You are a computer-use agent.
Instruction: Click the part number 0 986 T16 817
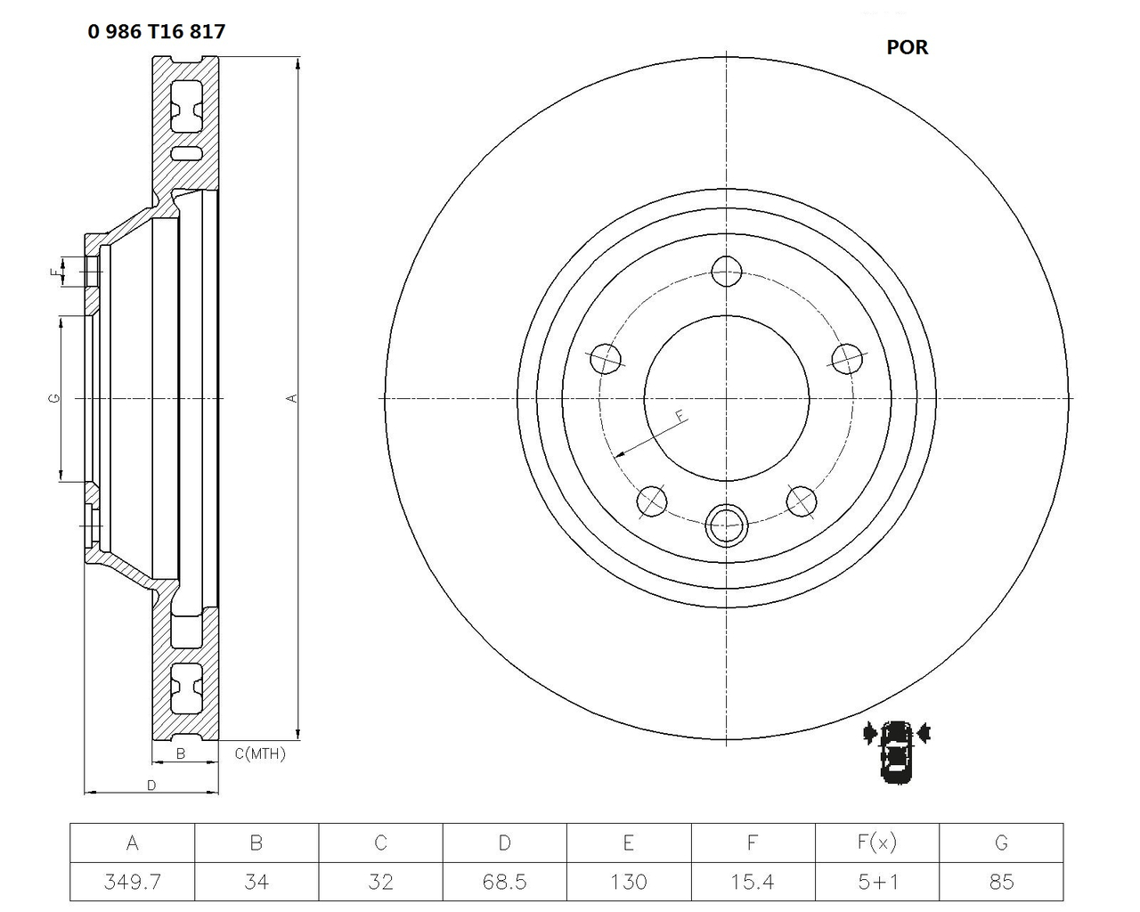click(x=156, y=32)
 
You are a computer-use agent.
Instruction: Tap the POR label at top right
click(x=907, y=48)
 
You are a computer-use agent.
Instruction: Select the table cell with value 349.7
click(x=133, y=882)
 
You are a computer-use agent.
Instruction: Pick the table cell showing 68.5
click(x=504, y=882)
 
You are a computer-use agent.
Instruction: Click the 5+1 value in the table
click(x=877, y=882)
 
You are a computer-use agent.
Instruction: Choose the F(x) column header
click(x=877, y=843)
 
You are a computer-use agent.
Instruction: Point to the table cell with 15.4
click(x=753, y=882)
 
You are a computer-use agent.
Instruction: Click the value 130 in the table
click(x=629, y=882)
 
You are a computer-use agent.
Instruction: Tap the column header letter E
click(x=629, y=843)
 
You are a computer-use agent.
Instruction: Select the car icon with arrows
click(x=896, y=751)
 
